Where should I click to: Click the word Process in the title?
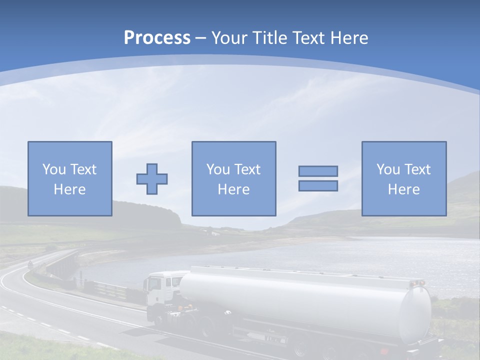[x=157, y=38]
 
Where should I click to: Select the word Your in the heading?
[x=230, y=38]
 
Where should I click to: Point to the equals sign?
[x=318, y=178]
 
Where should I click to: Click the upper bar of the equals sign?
[x=318, y=171]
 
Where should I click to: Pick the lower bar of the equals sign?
[x=318, y=186]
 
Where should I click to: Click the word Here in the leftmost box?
[x=69, y=189]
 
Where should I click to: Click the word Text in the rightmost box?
[x=417, y=169]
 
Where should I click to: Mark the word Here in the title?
[x=349, y=38]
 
